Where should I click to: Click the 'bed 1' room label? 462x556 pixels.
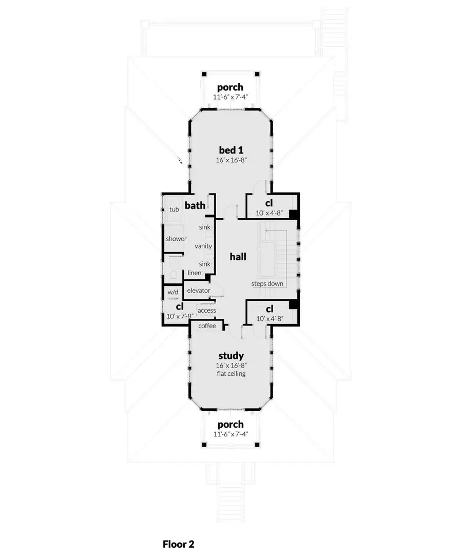tap(230, 150)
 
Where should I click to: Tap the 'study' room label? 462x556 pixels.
tap(230, 355)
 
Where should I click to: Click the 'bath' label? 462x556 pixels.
tap(195, 206)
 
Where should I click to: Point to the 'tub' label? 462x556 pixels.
tap(174, 209)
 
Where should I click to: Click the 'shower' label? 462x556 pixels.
tap(176, 239)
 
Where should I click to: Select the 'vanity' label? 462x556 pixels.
tap(203, 246)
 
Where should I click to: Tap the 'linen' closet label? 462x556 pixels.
tap(194, 273)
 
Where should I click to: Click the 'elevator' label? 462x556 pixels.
tap(199, 291)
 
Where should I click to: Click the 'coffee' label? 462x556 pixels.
tap(207, 325)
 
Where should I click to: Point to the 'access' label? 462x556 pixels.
tap(206, 310)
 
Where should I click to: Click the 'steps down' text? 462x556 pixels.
tap(267, 283)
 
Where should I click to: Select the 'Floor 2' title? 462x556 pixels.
tap(179, 543)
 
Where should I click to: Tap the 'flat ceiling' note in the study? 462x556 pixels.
tap(230, 373)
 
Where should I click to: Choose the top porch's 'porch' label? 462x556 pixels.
tap(230, 87)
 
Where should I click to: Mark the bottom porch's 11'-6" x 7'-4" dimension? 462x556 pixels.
tap(230, 434)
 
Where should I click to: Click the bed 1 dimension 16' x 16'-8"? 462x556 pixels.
tap(230, 160)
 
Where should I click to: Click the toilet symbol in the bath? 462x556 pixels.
tap(173, 274)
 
